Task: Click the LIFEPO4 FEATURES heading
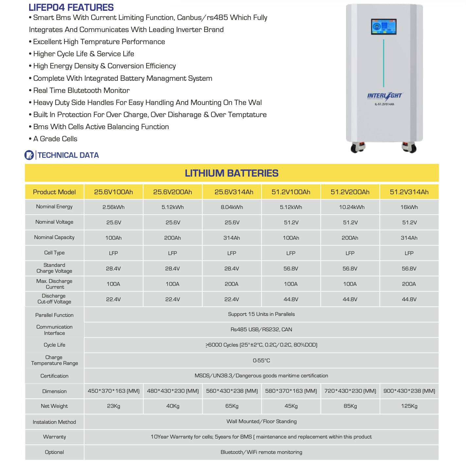(71, 7)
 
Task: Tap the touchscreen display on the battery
(384, 27)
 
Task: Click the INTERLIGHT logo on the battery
(385, 96)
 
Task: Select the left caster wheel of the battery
(357, 147)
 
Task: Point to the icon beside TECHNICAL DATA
(29, 155)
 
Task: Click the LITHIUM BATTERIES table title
(232, 173)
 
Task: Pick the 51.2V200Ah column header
(350, 192)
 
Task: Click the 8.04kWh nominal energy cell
(232, 207)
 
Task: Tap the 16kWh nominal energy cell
(409, 207)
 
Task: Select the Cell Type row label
(54, 253)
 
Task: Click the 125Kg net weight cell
(409, 406)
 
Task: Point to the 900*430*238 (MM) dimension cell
(409, 391)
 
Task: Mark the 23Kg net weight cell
(114, 406)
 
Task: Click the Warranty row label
(54, 437)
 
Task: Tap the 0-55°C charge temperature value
(261, 360)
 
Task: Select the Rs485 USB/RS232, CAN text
(261, 329)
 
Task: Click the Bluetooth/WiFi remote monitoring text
(261, 452)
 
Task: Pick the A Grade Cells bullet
(55, 139)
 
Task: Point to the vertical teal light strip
(384, 64)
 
